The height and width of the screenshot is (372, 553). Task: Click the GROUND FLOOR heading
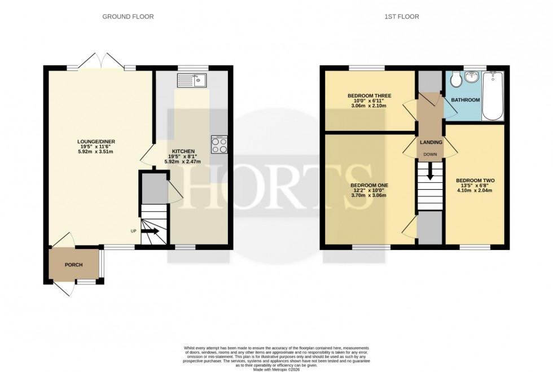(128, 17)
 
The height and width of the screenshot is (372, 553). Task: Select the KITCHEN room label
(184, 151)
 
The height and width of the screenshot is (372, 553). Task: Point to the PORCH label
(73, 265)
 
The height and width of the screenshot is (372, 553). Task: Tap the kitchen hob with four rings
(219, 145)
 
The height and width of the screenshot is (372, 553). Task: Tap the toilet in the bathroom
(456, 82)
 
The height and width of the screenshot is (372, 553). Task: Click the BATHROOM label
(466, 100)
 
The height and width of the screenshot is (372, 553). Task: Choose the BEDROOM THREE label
(370, 96)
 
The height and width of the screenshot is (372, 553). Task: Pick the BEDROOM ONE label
(369, 185)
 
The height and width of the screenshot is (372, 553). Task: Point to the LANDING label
(430, 142)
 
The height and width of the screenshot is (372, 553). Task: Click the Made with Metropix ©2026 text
(276, 369)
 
